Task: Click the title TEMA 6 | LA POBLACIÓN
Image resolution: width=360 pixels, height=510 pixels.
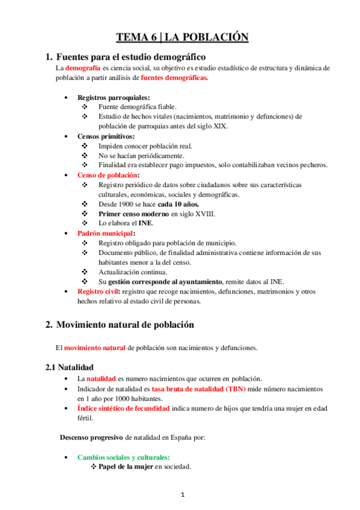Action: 182,37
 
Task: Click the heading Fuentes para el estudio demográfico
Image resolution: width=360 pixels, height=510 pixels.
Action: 131,57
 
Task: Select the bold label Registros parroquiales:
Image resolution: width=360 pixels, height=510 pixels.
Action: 114,97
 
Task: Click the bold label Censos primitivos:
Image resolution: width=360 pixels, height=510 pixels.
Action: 106,136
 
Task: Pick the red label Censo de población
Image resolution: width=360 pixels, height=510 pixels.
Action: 107,175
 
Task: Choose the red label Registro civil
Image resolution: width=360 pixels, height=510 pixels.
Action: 97,292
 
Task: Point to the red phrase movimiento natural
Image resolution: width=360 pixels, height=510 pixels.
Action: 94,348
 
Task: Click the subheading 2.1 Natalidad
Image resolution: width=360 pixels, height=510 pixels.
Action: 71,367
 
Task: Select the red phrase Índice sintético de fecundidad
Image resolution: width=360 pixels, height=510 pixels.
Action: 123,408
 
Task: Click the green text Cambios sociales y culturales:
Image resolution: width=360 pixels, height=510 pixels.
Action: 123,458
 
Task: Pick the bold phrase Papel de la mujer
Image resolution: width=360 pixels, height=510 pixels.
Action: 124,467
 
